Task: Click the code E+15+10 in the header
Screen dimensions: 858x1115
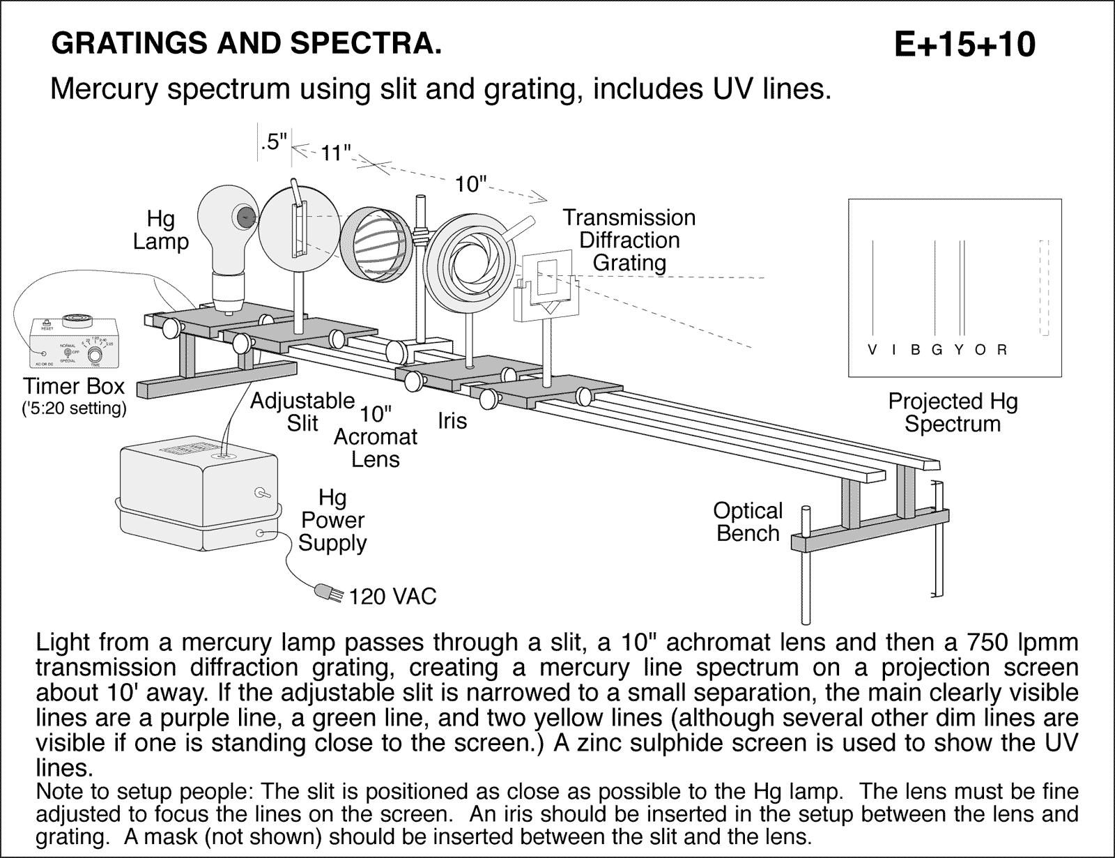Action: click(x=964, y=45)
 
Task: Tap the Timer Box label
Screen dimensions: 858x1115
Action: click(x=74, y=387)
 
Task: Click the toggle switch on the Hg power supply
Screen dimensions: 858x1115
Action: click(x=263, y=493)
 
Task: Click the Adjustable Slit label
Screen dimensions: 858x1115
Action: click(x=302, y=412)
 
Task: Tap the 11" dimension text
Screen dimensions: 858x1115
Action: click(x=335, y=153)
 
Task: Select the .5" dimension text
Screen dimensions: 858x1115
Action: click(x=273, y=141)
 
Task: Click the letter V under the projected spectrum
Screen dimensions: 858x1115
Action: click(x=872, y=351)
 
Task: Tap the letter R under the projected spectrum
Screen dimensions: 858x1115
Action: click(x=1002, y=351)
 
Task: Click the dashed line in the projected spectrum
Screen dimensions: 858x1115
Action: click(x=1043, y=287)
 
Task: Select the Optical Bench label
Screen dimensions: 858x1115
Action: click(x=748, y=522)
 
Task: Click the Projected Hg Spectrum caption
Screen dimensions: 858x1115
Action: click(x=952, y=413)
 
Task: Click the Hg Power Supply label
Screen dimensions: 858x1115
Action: click(x=332, y=520)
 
